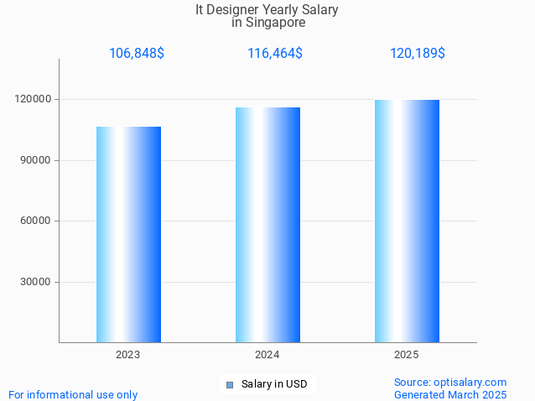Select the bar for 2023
coord(128,234)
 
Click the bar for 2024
coord(267,225)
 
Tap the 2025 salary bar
coord(407,221)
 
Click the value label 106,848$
coord(137,54)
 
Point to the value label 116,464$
coord(275,54)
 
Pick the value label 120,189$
coord(418,54)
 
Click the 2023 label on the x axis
coord(128,356)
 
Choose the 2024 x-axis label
coord(267,356)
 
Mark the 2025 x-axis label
coord(407,356)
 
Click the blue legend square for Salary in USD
coord(229,385)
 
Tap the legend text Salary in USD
coord(274,385)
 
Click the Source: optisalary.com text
coord(450,383)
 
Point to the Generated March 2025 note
coord(450,394)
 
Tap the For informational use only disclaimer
coord(73,394)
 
